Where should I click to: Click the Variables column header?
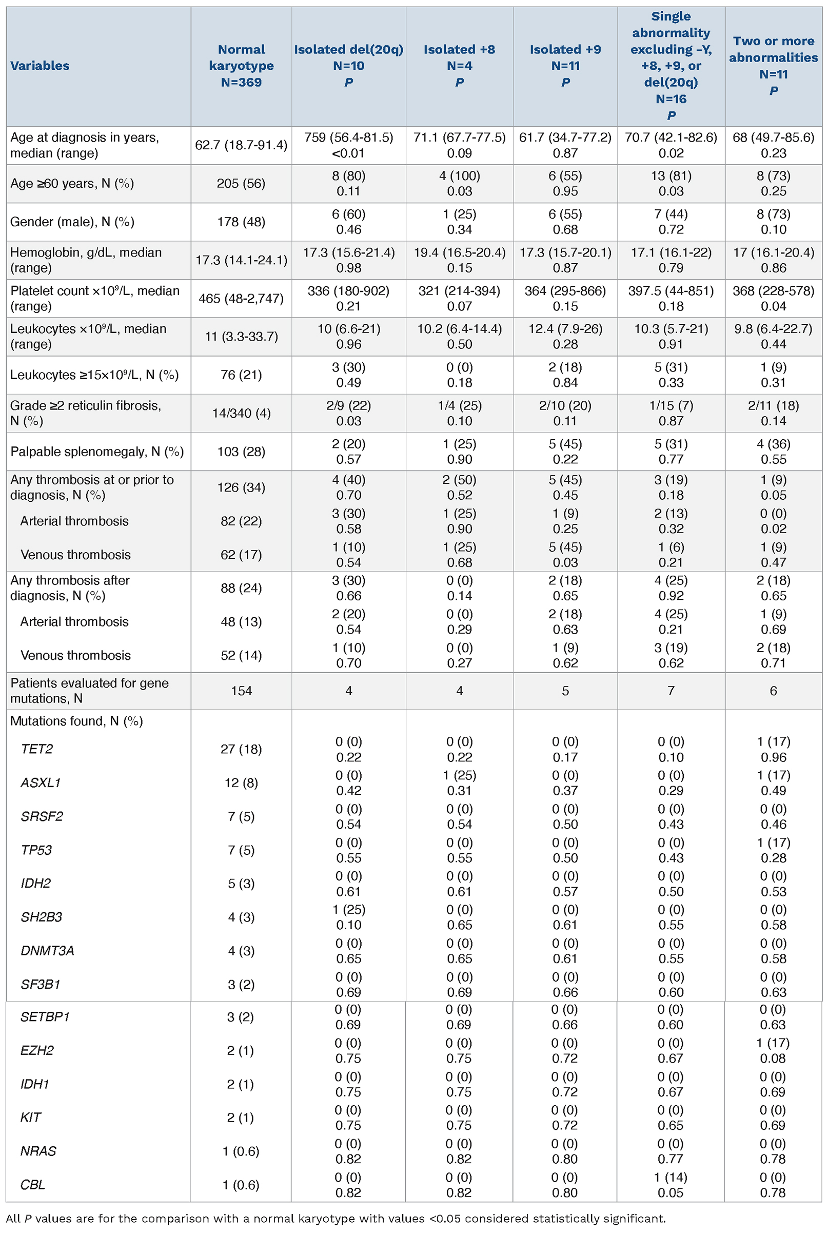[x=40, y=66]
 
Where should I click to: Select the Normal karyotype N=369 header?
[x=241, y=66]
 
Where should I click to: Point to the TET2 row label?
[x=37, y=749]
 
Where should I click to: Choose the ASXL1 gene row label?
[x=41, y=782]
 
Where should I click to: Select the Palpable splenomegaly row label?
[x=97, y=452]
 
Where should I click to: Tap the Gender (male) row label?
[x=72, y=222]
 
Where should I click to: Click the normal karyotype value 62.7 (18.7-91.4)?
[x=241, y=145]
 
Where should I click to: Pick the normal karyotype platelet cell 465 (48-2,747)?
[x=241, y=298]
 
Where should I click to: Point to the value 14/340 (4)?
[x=241, y=413]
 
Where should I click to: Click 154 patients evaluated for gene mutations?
[x=241, y=691]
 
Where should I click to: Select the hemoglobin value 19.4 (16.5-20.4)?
[x=460, y=252]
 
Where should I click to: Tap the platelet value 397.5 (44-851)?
[x=671, y=291]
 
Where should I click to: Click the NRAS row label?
[x=38, y=1151]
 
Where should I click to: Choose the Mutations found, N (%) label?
[x=76, y=721]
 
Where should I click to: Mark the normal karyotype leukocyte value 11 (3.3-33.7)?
[x=241, y=337]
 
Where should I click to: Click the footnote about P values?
[x=336, y=1219]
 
